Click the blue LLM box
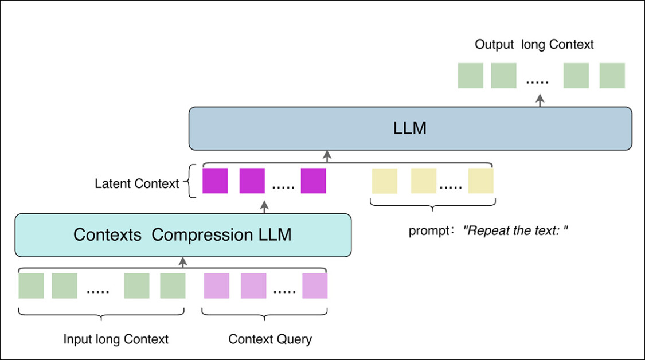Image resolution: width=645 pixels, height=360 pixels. click(x=411, y=128)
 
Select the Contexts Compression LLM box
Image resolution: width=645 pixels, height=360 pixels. click(x=182, y=235)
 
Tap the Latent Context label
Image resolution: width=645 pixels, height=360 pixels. click(x=136, y=184)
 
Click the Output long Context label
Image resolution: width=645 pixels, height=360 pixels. click(x=534, y=45)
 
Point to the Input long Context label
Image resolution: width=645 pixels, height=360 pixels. click(x=116, y=339)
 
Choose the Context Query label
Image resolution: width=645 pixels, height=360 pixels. click(x=270, y=339)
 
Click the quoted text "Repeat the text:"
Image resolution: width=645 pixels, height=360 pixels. click(x=515, y=231)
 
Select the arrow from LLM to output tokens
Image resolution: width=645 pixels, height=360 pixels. click(x=539, y=100)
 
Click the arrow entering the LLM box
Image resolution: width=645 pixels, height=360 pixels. click(x=327, y=156)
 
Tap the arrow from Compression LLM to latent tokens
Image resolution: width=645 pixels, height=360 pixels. click(x=264, y=206)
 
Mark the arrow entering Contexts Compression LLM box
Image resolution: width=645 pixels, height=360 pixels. click(x=183, y=263)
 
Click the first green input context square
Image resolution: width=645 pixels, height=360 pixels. click(x=31, y=285)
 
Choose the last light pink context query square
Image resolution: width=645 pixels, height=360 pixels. click(x=315, y=285)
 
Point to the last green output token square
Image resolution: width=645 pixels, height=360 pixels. click(x=612, y=76)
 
